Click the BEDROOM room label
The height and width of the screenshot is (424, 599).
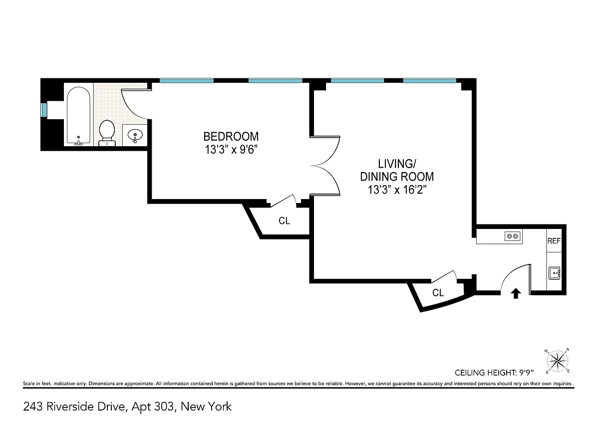[x=231, y=137]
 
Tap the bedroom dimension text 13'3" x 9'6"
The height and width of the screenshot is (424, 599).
[x=231, y=150]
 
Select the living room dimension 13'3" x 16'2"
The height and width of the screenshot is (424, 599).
[x=397, y=190]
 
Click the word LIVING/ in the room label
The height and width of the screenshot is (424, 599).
[x=397, y=164]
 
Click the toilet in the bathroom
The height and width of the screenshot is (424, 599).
[x=107, y=133]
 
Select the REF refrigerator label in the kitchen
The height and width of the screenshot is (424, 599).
[x=554, y=241]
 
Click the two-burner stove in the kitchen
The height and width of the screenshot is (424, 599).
[x=513, y=236]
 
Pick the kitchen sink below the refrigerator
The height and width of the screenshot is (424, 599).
[x=554, y=273]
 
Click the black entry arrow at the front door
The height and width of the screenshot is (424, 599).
[x=516, y=293]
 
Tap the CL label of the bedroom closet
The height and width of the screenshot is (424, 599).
[x=284, y=220]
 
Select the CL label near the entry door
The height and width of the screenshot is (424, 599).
[x=438, y=293]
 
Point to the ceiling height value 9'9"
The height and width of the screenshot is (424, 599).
[x=526, y=373]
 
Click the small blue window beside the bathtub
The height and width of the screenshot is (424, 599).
[x=44, y=110]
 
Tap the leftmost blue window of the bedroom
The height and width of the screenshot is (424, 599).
[x=187, y=80]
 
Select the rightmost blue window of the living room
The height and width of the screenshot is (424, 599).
[x=430, y=80]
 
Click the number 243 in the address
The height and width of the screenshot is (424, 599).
[x=32, y=407]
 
